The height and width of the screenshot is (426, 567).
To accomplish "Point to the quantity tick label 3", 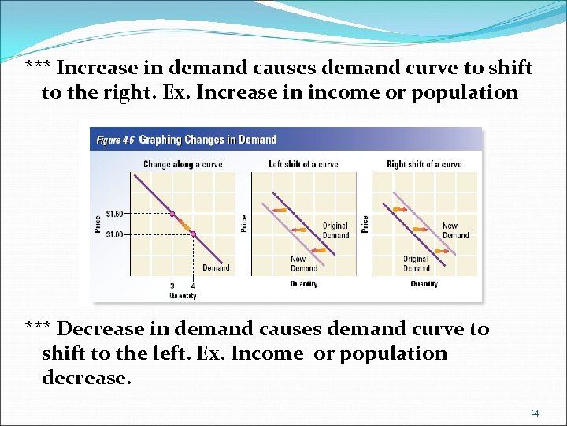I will pos(172,286).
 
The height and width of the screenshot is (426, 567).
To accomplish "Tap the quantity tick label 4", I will pos(193,286).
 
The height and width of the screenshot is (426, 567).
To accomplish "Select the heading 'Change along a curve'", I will pos(183,165).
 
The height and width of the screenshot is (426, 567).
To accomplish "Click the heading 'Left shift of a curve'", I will pos(303,165).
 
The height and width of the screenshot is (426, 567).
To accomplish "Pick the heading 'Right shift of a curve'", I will pos(424,165).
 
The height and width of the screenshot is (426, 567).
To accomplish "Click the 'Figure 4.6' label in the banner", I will pos(115,140).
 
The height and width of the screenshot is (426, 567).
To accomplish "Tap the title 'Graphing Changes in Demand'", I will pos(208,140).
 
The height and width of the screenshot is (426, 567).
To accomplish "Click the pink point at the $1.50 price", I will pos(172,214).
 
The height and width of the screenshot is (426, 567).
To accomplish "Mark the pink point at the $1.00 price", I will pos(193,234).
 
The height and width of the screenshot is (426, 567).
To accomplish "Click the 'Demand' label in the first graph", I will pos(216,268).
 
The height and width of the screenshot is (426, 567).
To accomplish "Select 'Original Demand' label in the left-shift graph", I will pos(335,230).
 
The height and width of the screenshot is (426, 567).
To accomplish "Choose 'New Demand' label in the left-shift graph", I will pos(298,263).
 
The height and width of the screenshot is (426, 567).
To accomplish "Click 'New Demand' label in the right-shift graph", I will pos(455,230).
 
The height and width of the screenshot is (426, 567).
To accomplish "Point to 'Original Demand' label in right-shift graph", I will pos(416,263).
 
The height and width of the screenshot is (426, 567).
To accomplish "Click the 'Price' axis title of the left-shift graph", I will pos(244,223).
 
